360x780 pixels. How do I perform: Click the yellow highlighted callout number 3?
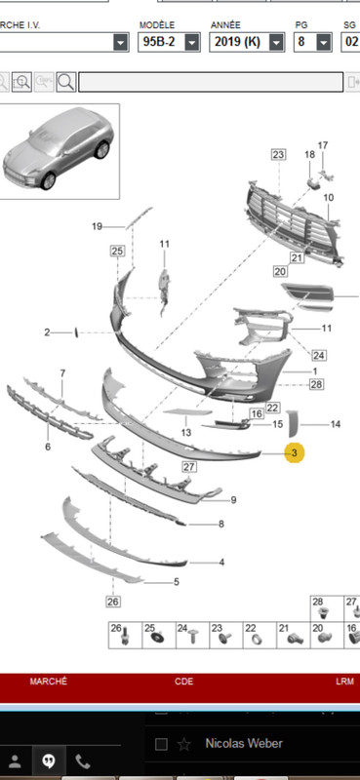[295, 453]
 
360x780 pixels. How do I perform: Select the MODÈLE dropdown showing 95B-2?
[169, 42]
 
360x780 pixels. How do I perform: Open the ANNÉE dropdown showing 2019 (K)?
[247, 42]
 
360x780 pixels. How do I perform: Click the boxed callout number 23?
[278, 155]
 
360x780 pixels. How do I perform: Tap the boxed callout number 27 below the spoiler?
[188, 467]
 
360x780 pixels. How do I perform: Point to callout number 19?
[98, 227]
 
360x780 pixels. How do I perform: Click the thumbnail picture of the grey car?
[60, 151]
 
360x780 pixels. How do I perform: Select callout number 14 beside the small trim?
[335, 424]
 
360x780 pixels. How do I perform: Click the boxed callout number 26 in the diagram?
[113, 602]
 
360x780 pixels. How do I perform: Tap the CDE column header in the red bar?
[183, 682]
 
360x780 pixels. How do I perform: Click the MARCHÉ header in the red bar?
[49, 682]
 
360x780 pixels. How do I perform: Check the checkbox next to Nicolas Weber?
[161, 744]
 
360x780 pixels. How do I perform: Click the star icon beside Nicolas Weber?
[184, 744]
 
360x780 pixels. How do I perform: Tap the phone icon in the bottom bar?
[83, 760]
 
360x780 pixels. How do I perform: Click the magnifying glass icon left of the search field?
[66, 82]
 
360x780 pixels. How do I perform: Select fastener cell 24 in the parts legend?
[192, 636]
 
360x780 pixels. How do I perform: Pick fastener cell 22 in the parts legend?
[260, 636]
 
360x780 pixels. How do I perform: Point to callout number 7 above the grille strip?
[62, 373]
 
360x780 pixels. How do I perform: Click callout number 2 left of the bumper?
[47, 332]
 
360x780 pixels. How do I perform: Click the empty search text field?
[211, 82]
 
